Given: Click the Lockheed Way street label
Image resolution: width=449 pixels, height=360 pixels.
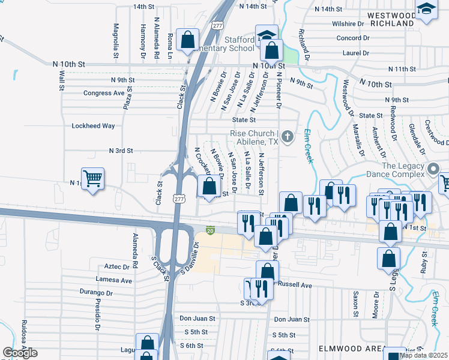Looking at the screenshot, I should coord(93,126).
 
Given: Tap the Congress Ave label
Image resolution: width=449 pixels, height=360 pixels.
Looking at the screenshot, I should coord(104,93).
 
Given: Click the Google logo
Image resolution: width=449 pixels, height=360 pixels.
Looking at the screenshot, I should coord(20,353).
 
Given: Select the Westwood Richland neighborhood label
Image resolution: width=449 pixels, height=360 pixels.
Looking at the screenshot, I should coord(391,19).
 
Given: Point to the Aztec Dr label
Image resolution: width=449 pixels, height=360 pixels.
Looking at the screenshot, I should coord(117,266).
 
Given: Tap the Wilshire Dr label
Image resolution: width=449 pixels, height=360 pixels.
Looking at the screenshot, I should coord(348,24).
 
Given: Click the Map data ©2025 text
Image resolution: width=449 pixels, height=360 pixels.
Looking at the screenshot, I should coord(423,355).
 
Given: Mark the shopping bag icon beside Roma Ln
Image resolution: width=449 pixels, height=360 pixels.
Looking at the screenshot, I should coord(188,41).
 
